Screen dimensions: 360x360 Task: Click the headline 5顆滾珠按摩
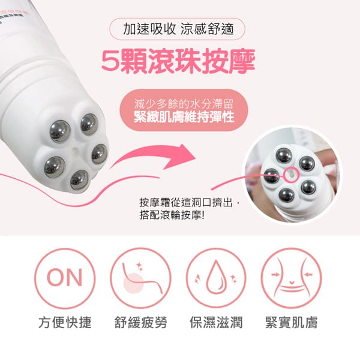[178, 61]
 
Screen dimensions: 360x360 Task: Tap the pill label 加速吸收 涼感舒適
[177, 29]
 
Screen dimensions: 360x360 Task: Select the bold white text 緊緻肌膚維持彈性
[184, 116]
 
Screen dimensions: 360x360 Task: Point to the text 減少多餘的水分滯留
[184, 104]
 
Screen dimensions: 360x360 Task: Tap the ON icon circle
[65, 278]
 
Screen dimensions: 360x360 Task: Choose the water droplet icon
[216, 278]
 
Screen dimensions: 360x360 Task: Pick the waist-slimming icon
[291, 278]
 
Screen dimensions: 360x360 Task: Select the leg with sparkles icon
[140, 278]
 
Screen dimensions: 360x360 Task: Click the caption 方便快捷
[65, 322]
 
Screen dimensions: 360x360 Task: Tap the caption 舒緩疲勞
[140, 322]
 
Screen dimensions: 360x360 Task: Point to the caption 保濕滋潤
[216, 322]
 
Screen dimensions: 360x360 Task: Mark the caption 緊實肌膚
[291, 322]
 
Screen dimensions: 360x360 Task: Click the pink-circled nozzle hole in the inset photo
[290, 175]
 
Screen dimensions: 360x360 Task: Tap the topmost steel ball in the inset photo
[284, 155]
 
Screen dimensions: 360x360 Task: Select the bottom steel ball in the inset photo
[286, 195]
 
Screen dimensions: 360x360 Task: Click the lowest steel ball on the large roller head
[79, 180]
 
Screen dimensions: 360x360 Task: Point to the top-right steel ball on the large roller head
[89, 124]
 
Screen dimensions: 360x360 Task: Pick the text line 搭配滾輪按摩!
[172, 215]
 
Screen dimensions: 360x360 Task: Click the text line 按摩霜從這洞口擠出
[186, 203]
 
